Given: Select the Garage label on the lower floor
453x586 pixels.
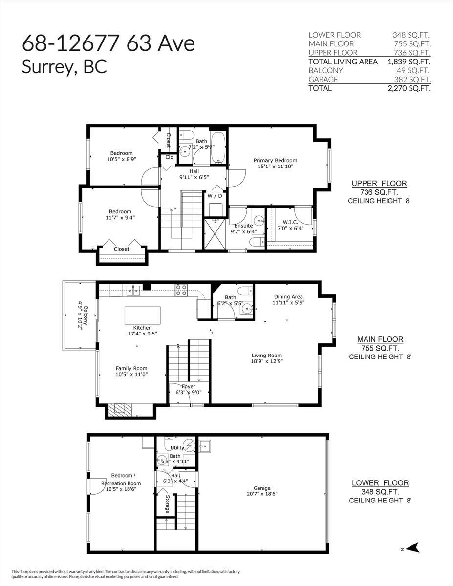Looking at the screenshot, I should [262, 488].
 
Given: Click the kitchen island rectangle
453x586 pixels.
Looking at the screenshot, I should [142, 315].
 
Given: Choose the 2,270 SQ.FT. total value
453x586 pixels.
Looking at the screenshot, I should [409, 88].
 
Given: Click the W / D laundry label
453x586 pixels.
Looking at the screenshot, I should [215, 196].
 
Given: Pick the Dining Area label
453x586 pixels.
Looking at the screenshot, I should [288, 296].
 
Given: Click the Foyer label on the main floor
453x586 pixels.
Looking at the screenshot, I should [189, 386].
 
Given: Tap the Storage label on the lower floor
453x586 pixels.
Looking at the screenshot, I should [167, 504].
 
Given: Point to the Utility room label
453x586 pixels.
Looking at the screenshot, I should [177, 447].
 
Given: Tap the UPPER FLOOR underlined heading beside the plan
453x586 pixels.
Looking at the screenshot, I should [379, 184].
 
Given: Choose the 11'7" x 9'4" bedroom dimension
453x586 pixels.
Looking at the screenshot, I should [120, 218].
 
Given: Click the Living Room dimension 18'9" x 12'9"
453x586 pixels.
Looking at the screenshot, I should [267, 362].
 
